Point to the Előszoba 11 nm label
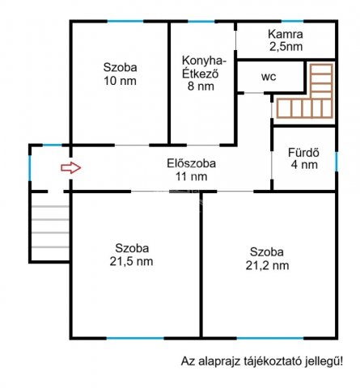point(191,168)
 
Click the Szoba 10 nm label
point(120,74)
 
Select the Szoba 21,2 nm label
point(267,257)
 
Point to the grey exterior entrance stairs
point(50,228)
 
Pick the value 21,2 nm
point(267,264)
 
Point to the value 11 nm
point(191,175)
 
